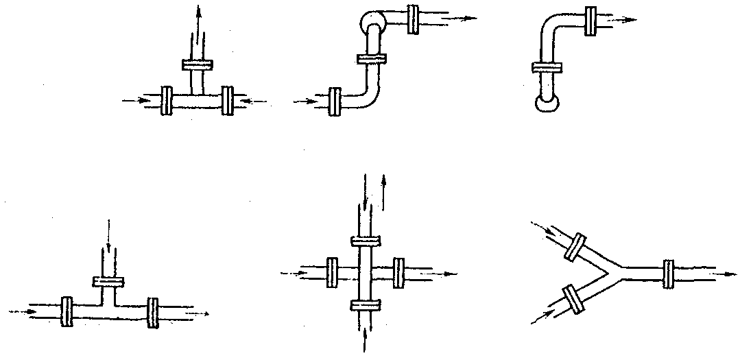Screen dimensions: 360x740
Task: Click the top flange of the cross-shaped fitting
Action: [364, 241]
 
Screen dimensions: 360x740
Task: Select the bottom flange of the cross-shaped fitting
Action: [364, 304]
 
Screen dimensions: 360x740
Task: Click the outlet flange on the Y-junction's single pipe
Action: [667, 272]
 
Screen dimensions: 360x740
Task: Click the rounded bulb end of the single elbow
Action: [547, 104]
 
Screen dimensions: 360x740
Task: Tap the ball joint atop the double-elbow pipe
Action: [370, 23]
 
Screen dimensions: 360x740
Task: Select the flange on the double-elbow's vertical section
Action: [371, 59]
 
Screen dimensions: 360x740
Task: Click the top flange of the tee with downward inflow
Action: [108, 282]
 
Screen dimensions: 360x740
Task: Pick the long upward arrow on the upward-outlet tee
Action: [199, 27]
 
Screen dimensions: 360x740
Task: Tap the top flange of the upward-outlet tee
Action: [198, 64]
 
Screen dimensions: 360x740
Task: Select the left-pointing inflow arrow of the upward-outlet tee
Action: [253, 102]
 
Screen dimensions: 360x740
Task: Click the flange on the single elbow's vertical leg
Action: [547, 67]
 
